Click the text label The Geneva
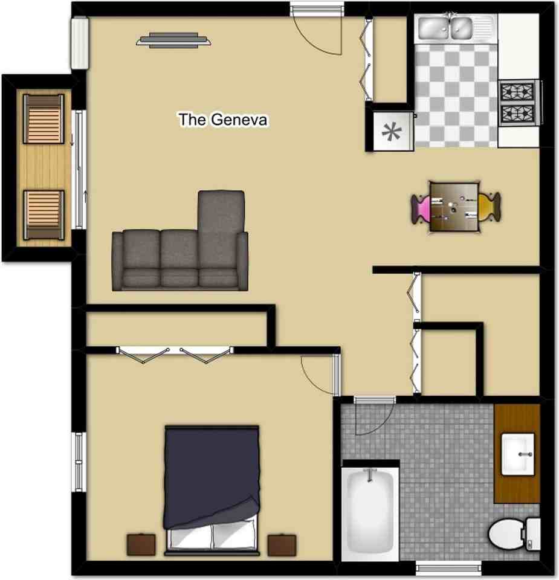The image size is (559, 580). (222, 120)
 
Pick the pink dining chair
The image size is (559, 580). (421, 207)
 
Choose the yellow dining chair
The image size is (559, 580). (490, 207)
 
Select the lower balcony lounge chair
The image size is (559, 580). (44, 214)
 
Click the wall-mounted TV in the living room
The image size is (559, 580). (175, 40)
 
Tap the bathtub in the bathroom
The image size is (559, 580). (370, 510)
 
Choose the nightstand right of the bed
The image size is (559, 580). (282, 544)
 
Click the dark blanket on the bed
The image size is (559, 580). (212, 471)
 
